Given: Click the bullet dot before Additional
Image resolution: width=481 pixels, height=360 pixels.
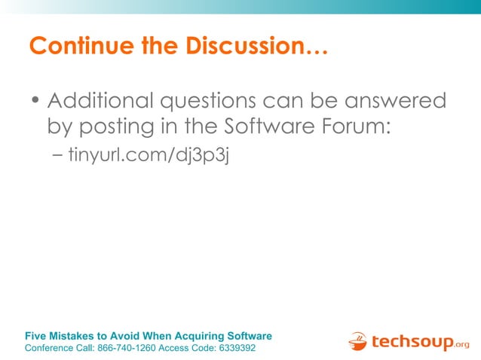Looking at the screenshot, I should [x=35, y=102].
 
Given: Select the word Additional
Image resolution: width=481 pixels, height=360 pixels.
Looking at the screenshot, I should [x=100, y=100].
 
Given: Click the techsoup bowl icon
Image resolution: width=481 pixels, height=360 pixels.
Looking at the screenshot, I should [x=357, y=341].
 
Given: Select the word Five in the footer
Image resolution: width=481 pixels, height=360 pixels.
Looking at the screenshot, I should [x=36, y=336].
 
